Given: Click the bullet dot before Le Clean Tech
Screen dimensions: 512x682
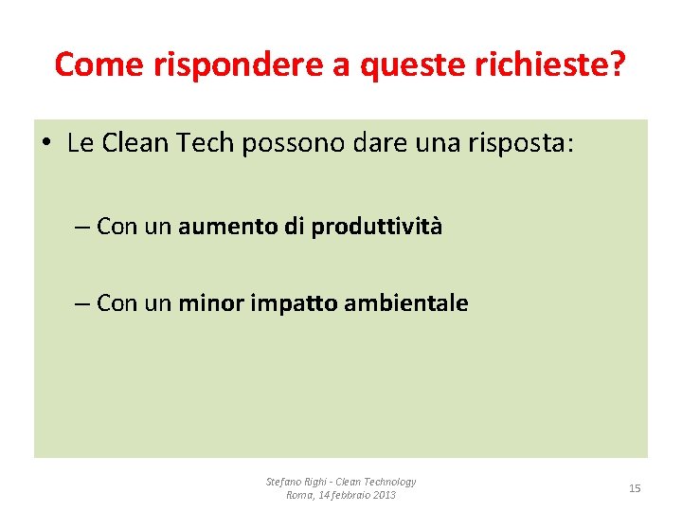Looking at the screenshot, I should click(46, 145).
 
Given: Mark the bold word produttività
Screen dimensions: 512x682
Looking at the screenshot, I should click(377, 228).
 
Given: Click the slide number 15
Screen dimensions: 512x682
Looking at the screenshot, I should click(635, 488).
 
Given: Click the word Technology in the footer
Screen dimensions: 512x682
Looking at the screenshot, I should click(390, 482).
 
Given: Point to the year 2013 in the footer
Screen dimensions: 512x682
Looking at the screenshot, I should click(385, 496).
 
